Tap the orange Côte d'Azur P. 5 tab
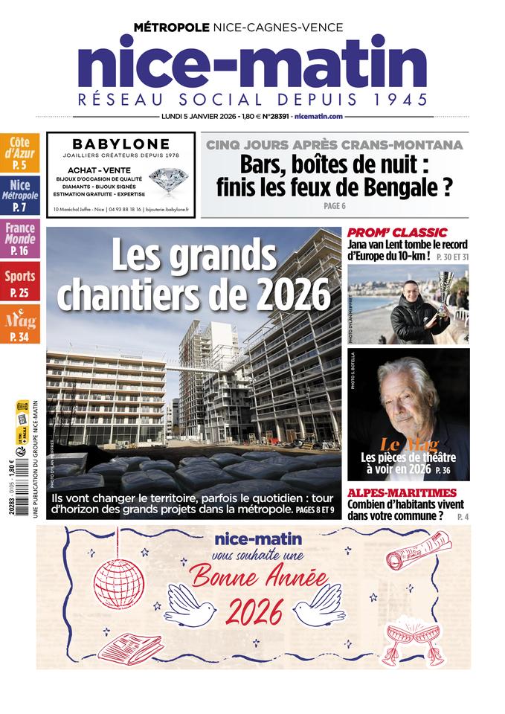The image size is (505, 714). tap(20, 153)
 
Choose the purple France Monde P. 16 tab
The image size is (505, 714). tap(20, 239)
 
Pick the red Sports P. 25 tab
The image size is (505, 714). tap(20, 283)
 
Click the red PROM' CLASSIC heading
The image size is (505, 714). tap(397, 232)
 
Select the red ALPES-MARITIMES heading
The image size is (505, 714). tap(402, 492)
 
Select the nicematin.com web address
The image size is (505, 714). tap(318, 117)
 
